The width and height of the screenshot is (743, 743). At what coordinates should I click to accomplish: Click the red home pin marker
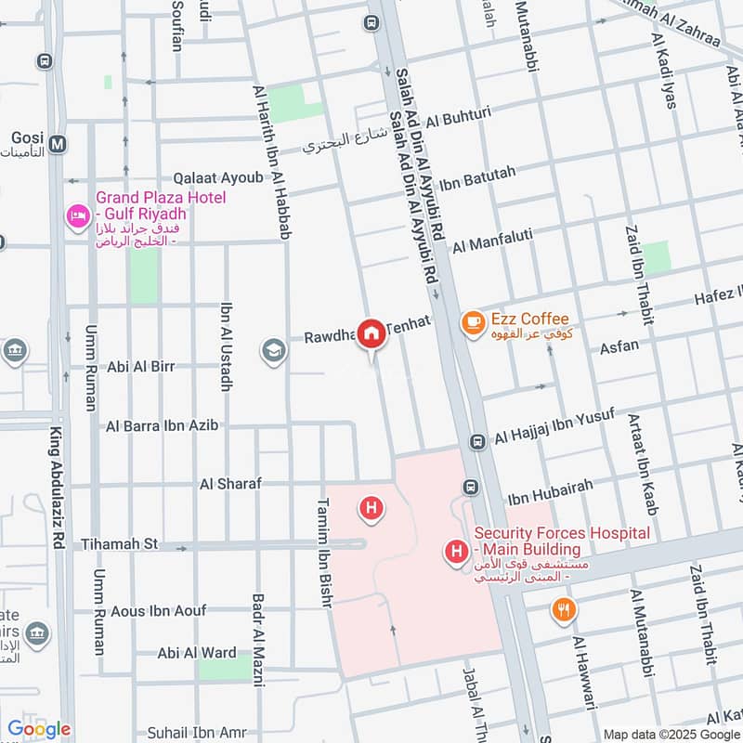coord(372,332)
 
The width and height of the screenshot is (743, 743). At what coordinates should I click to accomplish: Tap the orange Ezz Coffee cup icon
coord(473,322)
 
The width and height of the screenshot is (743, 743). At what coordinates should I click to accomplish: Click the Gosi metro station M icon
coord(59,144)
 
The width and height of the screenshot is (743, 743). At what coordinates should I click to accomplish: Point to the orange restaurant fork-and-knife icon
coord(562,610)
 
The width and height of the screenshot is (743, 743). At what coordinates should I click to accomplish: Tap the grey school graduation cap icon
coord(273,351)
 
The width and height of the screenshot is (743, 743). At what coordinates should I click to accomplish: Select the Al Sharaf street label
coord(230,484)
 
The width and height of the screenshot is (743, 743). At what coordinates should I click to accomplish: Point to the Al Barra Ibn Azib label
coord(163,425)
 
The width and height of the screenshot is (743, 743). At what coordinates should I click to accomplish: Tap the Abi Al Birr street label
coord(140,366)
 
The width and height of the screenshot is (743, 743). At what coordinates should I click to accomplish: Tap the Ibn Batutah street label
coord(490,173)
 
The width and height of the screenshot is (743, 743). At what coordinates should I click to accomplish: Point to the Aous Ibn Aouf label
coord(157,610)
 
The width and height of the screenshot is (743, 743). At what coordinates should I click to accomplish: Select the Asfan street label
coord(619,347)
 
